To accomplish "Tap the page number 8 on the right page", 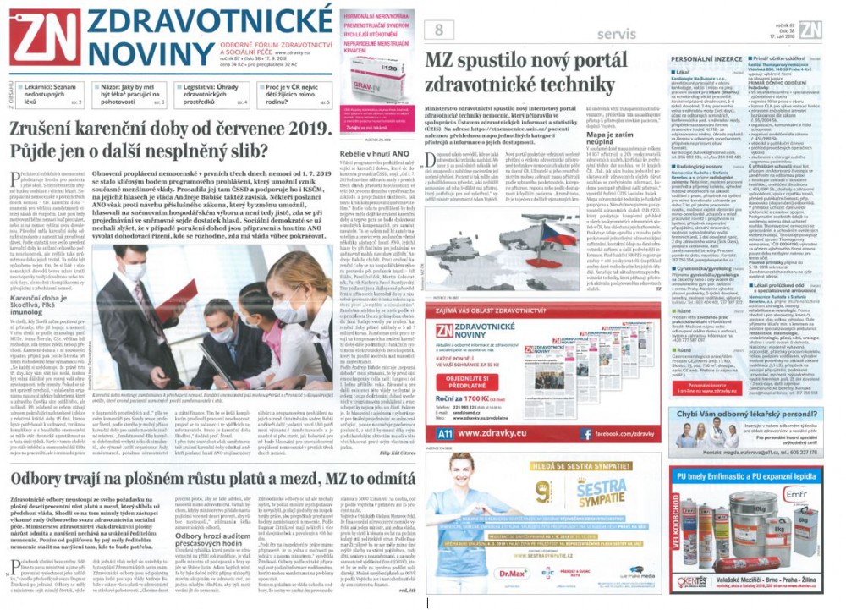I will (439, 32).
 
